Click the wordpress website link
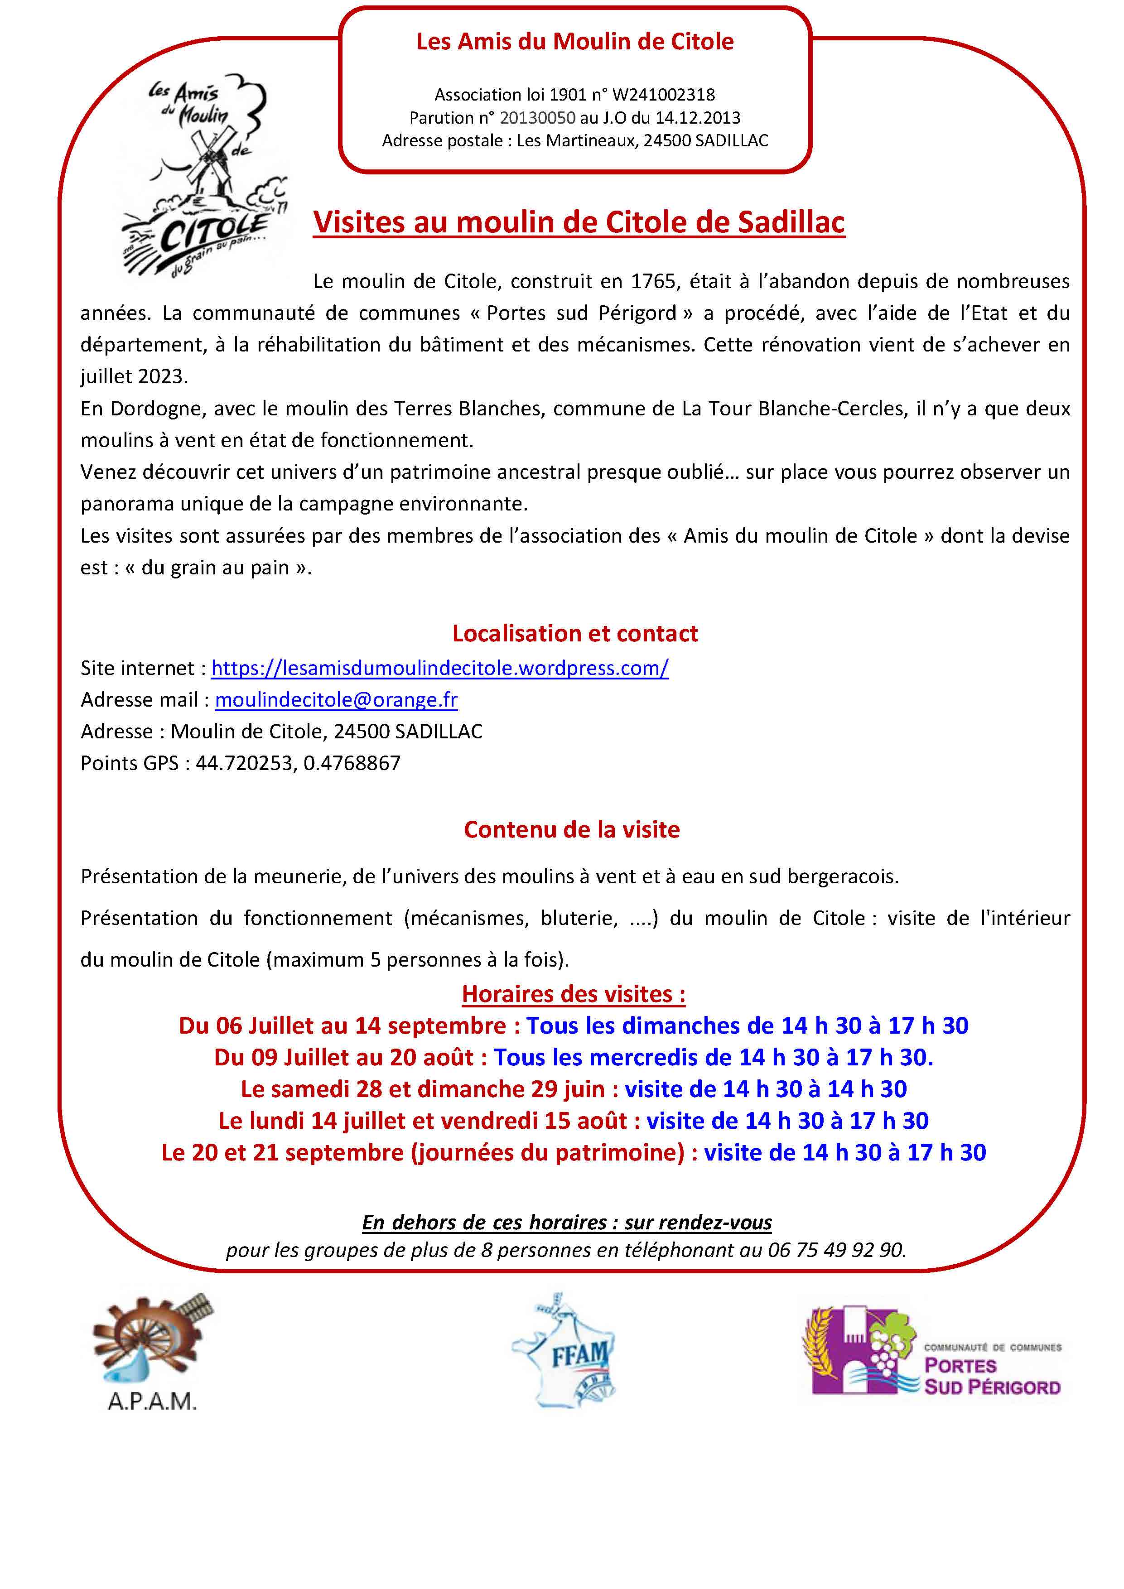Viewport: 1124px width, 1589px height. [x=439, y=668]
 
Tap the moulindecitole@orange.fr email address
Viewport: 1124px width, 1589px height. [x=336, y=700]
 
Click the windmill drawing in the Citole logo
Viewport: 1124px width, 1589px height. [x=207, y=166]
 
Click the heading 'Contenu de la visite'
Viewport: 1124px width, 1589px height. [x=572, y=829]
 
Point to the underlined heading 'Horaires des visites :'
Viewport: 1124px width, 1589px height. [x=574, y=994]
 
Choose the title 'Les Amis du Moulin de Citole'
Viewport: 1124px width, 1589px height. [x=574, y=42]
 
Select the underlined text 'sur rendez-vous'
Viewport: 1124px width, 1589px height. [x=698, y=1222]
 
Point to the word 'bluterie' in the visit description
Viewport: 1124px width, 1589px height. [x=579, y=918]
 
